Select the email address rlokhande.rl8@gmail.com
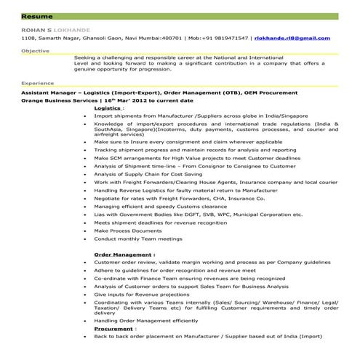point(287,38)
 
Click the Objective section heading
point(35,51)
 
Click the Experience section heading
point(37,84)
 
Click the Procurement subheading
point(113,329)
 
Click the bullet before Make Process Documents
point(86,231)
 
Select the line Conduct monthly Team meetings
point(137,239)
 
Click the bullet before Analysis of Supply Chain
point(86,173)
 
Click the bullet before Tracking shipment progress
point(86,149)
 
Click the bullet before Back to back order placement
point(86,337)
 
